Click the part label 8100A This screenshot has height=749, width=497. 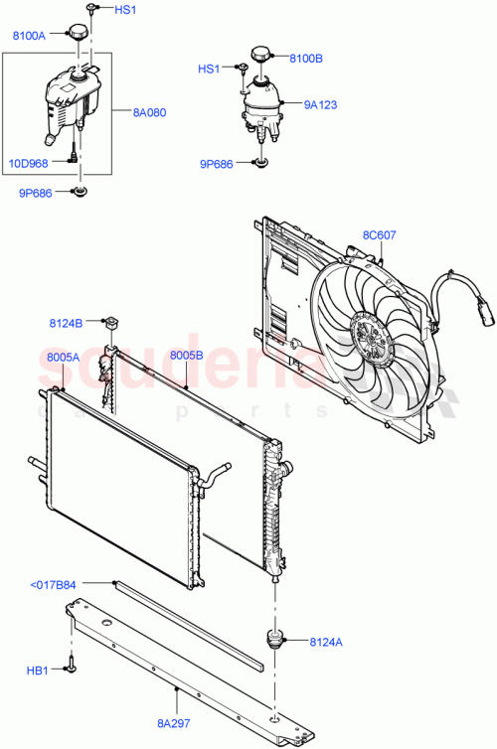pyautogui.click(x=29, y=36)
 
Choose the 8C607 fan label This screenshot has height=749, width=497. pyautogui.click(x=379, y=235)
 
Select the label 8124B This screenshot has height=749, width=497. pyautogui.click(x=66, y=322)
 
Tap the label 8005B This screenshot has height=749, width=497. pyautogui.click(x=187, y=355)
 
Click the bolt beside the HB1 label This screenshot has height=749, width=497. pyautogui.click(x=73, y=669)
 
